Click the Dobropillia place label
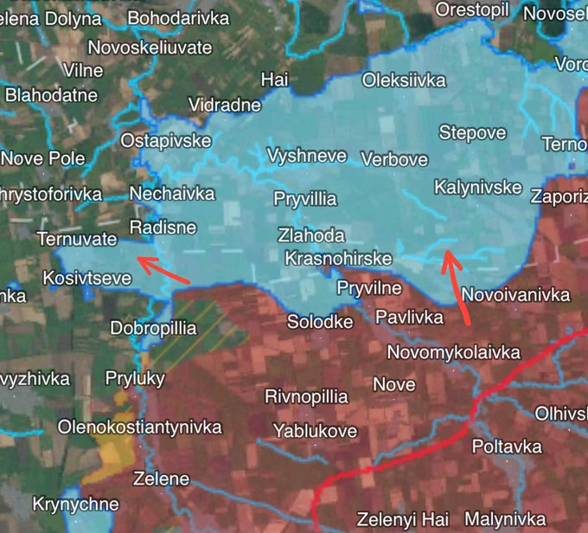coord(153,329)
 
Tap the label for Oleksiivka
coord(404,80)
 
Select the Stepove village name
coord(472,132)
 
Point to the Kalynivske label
coord(477,187)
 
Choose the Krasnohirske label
coord(338,258)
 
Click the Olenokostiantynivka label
coord(139,427)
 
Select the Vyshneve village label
coord(307,156)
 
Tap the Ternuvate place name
coord(77,238)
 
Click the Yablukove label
coord(315,430)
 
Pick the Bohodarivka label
coord(178,18)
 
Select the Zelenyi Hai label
coord(399,519)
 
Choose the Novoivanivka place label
coord(515,295)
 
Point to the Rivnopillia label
coord(306,397)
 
